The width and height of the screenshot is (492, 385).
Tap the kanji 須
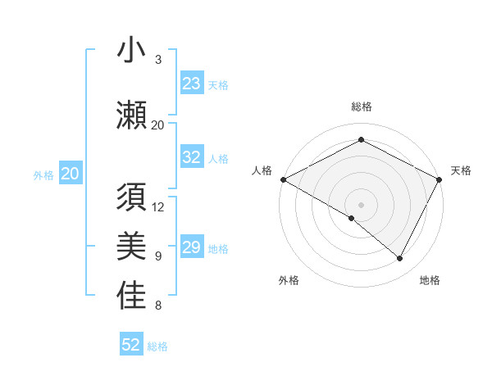pos(131,197)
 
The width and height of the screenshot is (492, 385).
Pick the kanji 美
pos(131,246)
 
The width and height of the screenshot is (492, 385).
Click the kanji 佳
pos(131,296)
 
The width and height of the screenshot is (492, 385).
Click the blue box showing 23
pos(192,84)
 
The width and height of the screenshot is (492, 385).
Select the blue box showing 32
pos(192,158)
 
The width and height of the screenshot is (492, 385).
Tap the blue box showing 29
pos(192,248)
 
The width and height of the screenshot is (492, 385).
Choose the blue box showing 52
pos(131,345)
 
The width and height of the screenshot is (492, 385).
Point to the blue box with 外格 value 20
pos(71,174)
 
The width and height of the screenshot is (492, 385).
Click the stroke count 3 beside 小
pos(158,60)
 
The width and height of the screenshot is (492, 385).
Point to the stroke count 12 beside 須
pos(158,207)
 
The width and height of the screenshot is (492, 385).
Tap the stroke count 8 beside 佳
pos(158,306)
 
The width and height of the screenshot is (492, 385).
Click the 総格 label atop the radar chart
pos(362,106)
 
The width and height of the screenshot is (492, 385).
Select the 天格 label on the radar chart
pos(461,170)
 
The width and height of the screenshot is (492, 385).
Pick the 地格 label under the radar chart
pos(430,280)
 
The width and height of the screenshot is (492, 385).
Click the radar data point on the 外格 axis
pos(352,218)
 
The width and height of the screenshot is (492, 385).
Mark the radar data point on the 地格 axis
pos(400,259)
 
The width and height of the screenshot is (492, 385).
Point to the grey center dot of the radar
pos(362,204)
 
